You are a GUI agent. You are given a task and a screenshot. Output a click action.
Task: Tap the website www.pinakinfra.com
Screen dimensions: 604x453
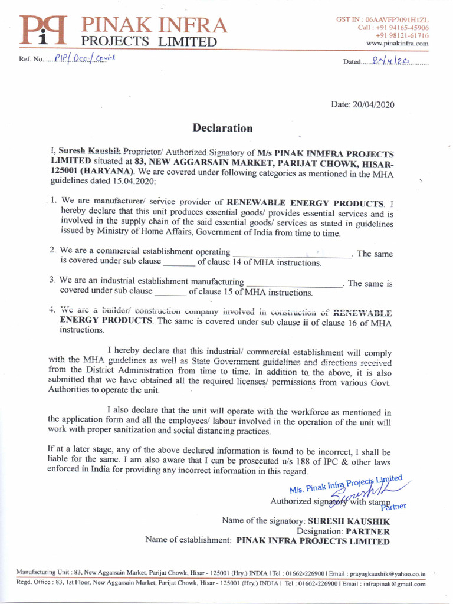tap(397, 44)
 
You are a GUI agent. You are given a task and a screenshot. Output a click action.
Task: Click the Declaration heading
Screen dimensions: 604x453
tap(223, 128)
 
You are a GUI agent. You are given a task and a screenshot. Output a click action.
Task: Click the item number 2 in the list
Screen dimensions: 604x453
tap(52, 250)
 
